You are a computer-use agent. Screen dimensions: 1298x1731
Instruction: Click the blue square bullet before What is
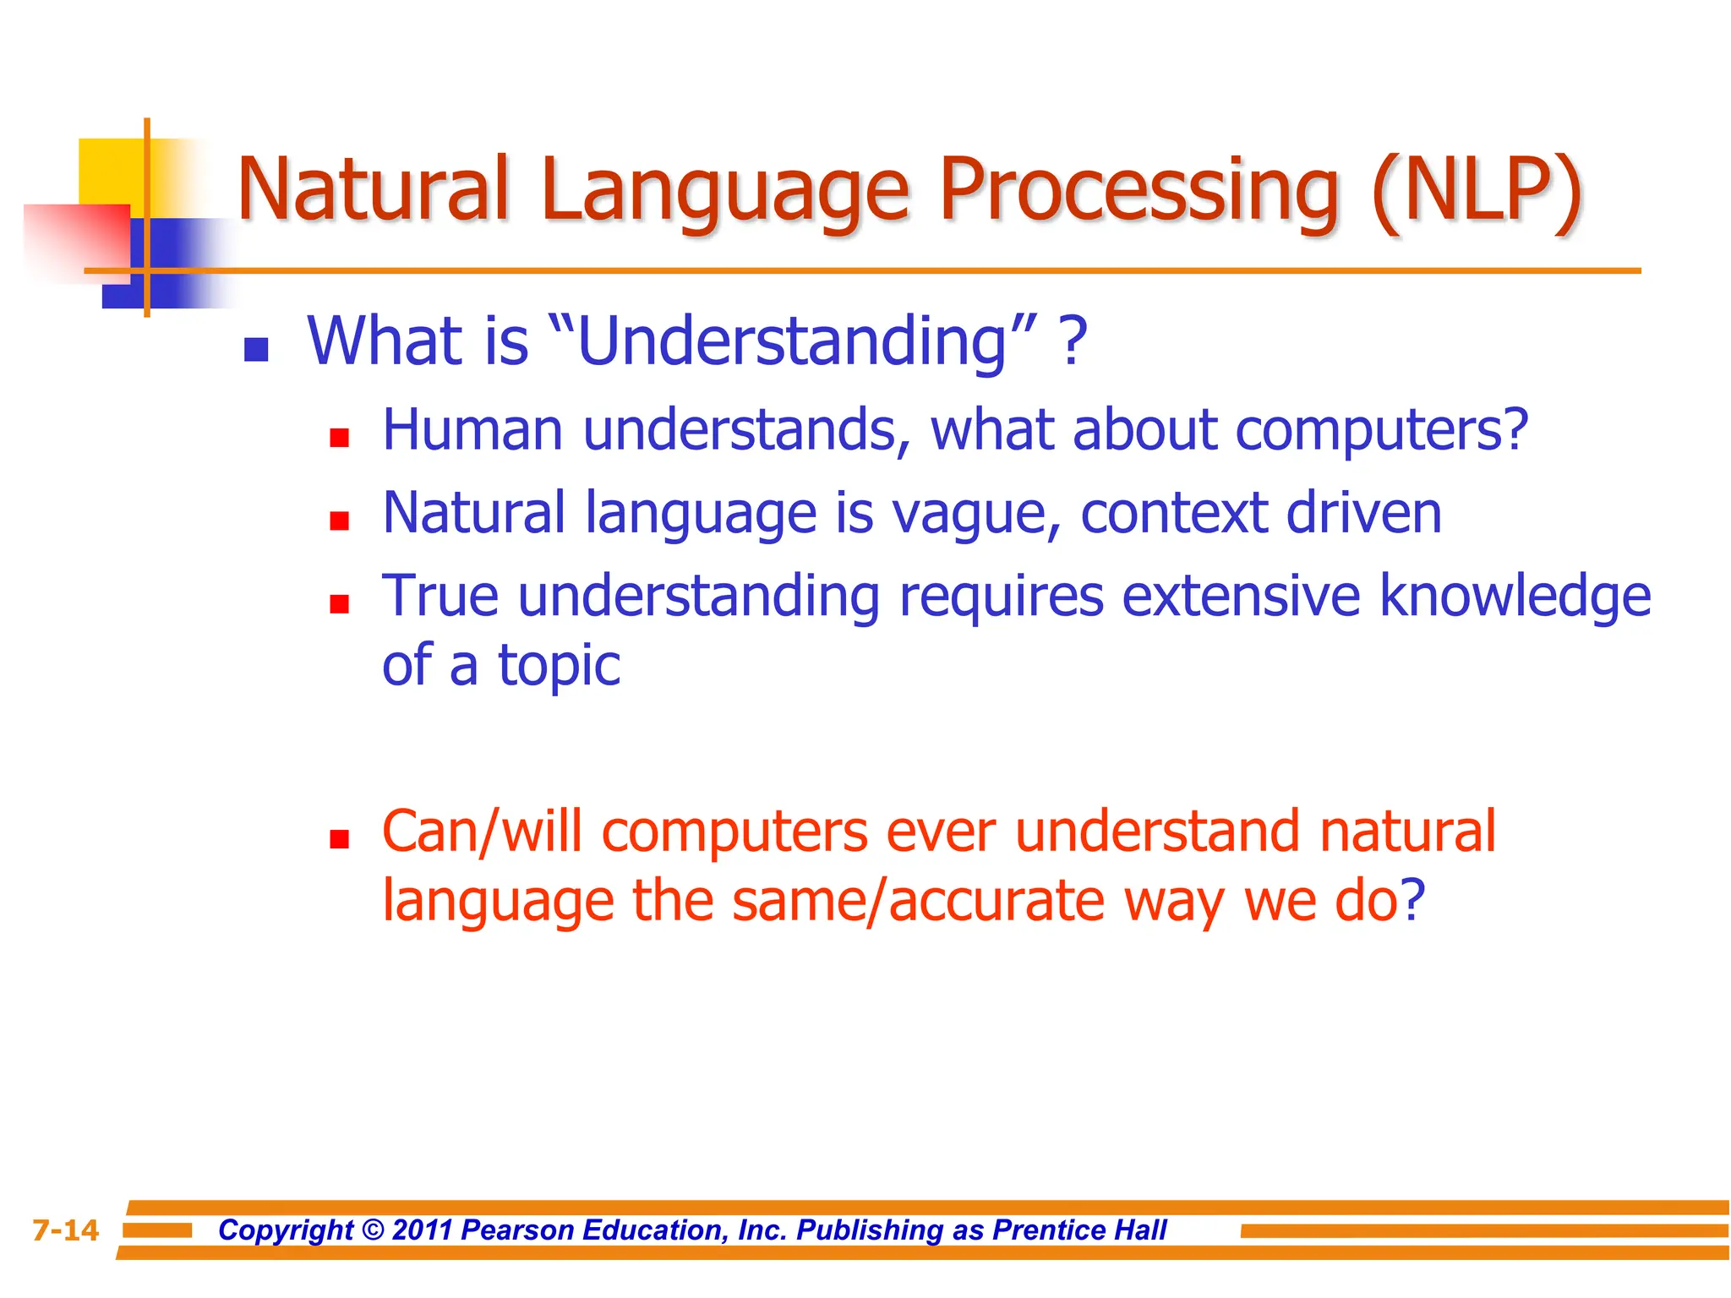tap(256, 349)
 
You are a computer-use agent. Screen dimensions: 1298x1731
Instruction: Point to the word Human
tap(472, 430)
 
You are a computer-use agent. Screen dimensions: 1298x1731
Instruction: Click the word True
tap(440, 596)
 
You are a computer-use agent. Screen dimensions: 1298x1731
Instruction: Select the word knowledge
tap(1515, 596)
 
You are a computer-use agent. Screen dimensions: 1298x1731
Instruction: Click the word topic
tap(560, 665)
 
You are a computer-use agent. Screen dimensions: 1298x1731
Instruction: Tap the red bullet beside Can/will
tap(340, 839)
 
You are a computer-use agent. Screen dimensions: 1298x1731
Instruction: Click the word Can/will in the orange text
tap(482, 832)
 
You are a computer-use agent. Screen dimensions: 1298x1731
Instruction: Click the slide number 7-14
tap(65, 1230)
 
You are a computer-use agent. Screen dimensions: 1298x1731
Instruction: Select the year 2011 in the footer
tap(423, 1230)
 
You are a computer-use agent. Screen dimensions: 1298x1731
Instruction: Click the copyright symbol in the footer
tap(373, 1230)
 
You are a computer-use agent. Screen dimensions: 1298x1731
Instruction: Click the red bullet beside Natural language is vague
tap(340, 521)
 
